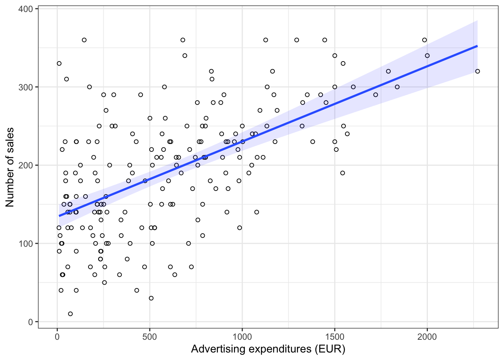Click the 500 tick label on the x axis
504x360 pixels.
150,337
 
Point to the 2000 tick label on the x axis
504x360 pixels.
427,337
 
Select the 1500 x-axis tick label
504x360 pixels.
334,337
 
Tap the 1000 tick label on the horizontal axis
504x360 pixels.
242,337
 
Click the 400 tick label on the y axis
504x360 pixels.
25,9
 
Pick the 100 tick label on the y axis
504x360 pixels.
25,243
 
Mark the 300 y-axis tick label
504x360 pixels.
25,87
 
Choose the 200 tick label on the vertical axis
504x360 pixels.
25,165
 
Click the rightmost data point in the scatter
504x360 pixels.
477,71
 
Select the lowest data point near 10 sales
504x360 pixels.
70,314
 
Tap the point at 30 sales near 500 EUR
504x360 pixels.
151,298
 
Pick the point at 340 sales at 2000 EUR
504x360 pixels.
427,55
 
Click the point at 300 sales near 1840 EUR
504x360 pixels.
397,87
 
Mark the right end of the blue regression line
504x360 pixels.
477,46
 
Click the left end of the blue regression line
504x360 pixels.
59,216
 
